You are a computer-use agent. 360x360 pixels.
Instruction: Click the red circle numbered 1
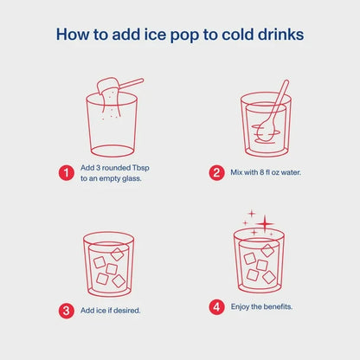coord(67,173)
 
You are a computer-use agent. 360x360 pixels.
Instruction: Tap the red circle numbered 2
coord(216,173)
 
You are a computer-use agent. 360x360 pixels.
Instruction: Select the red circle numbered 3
coord(67,311)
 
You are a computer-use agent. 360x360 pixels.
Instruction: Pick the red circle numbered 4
coord(216,307)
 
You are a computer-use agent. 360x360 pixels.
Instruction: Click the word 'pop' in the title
coord(184,35)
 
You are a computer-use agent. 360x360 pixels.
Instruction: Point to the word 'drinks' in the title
coord(280,34)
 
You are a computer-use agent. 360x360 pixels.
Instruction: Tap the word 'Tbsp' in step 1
coord(141,168)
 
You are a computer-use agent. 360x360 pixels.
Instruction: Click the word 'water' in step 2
coord(291,172)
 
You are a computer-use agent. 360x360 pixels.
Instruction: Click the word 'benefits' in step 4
coord(278,306)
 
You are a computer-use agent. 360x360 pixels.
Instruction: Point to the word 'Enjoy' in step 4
coord(240,307)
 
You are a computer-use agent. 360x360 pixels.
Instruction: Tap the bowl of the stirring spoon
coord(266,131)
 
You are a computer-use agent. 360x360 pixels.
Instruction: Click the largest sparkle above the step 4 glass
coord(265,224)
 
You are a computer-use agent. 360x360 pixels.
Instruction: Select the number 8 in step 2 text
coord(261,172)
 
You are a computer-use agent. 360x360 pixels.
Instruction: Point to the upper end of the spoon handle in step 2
coord(286,82)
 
